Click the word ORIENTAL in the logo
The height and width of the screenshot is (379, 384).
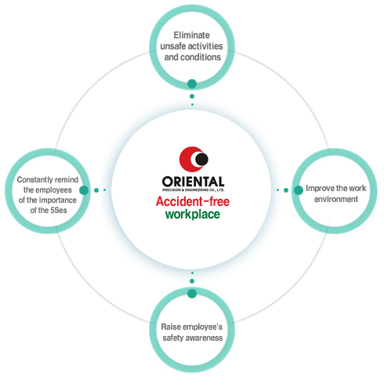pos(193,182)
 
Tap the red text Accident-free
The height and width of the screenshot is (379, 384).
pos(193,201)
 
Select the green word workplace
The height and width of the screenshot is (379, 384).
pos(193,215)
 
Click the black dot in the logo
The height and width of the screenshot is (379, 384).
pos(201,159)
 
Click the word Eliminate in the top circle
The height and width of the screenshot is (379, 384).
pos(192,35)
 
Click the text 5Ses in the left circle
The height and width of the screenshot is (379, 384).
pos(59,210)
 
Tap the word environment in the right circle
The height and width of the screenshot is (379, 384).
pos(336,199)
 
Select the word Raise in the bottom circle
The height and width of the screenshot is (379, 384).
pos(169,327)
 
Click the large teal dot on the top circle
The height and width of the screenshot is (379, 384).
pos(192,84)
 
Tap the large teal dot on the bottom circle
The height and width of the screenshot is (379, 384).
pos(192,294)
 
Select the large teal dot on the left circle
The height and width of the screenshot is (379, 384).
pos(84,190)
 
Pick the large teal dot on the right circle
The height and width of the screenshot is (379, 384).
pos(299,190)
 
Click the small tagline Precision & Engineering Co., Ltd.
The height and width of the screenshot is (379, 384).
pos(193,189)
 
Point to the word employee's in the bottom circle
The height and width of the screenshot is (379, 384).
pos(201,327)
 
